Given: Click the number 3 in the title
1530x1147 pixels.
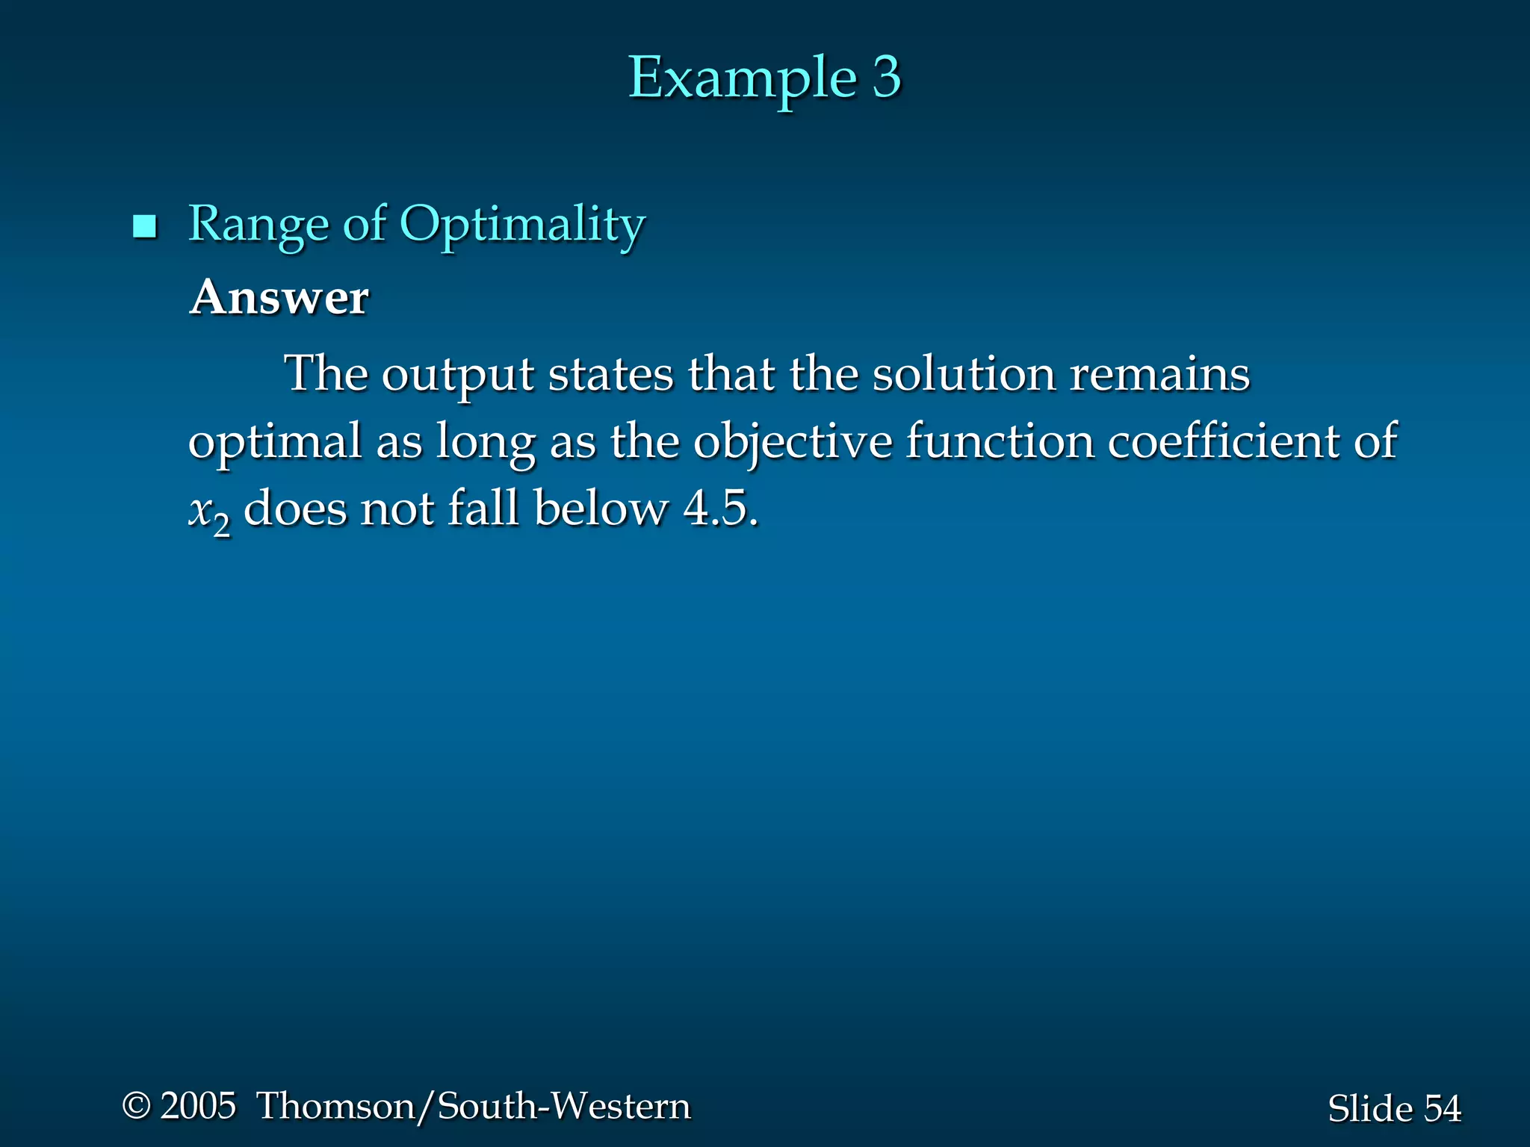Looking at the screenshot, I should pyautogui.click(x=886, y=77).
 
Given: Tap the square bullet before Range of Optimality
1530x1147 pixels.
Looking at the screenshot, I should pyautogui.click(x=144, y=226).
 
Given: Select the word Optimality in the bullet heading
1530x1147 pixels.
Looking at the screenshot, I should pyautogui.click(x=522, y=225).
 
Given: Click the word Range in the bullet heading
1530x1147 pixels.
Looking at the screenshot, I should pyautogui.click(x=258, y=225).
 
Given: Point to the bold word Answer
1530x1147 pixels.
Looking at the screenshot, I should pyautogui.click(x=279, y=297).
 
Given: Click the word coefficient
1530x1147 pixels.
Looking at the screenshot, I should pyautogui.click(x=1223, y=441).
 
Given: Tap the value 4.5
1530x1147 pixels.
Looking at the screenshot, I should pyautogui.click(x=720, y=509).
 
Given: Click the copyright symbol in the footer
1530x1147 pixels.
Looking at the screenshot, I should pyautogui.click(x=137, y=1105).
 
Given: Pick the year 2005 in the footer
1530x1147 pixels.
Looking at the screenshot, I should pyautogui.click(x=198, y=1105).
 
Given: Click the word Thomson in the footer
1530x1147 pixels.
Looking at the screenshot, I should pyautogui.click(x=335, y=1105).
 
